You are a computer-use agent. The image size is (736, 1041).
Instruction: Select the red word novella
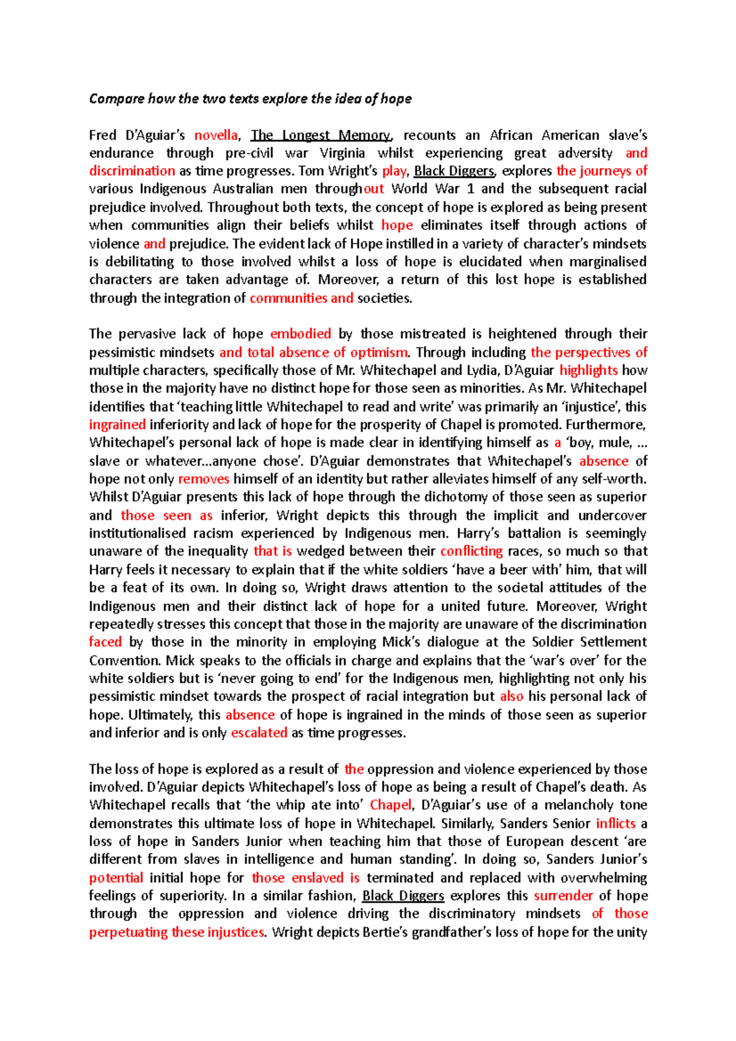(216, 135)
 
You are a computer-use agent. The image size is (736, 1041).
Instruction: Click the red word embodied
(301, 334)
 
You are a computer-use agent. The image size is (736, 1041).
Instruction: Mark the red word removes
(204, 479)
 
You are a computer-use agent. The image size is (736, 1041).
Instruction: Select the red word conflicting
(471, 551)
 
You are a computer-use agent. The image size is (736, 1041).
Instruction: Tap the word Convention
(125, 660)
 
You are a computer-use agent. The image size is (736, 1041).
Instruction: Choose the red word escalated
(259, 733)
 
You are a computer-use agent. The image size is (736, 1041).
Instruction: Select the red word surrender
(563, 896)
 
